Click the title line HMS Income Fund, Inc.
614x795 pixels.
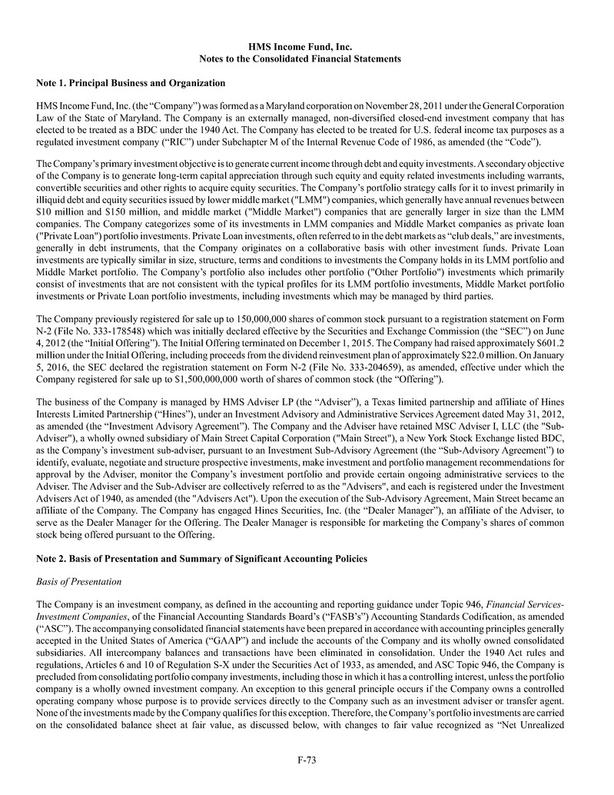307,47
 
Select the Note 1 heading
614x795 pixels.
131,82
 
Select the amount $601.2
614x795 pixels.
551,346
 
